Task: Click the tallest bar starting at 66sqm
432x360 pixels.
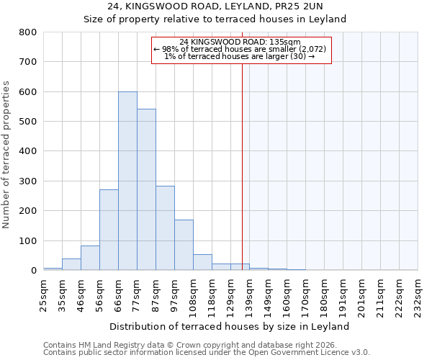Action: click(x=127, y=181)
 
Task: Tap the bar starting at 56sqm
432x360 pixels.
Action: click(x=109, y=230)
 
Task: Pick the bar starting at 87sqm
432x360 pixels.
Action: click(x=165, y=238)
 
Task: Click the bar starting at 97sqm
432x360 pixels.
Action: click(x=184, y=245)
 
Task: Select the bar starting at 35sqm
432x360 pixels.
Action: click(x=71, y=264)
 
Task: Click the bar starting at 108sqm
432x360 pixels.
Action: click(x=202, y=262)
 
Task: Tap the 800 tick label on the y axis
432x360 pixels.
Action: click(x=27, y=32)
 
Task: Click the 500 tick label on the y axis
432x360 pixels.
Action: click(x=27, y=122)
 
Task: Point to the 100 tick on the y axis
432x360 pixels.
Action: click(x=27, y=240)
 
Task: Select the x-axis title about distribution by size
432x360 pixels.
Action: click(x=230, y=326)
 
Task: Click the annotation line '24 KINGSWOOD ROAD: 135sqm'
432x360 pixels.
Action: click(x=241, y=42)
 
